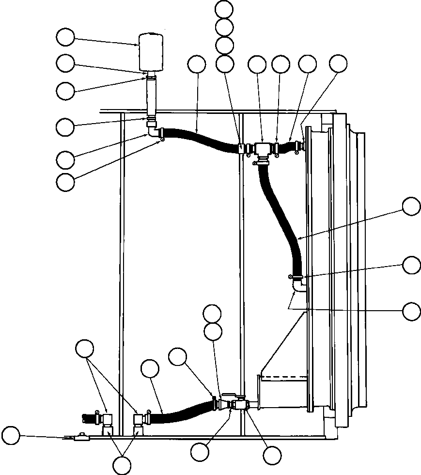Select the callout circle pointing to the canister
pos(65,37)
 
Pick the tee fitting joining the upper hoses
pos(262,149)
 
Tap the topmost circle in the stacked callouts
pos(224,9)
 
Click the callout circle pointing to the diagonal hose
pos(412,206)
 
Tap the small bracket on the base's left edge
pos(81,438)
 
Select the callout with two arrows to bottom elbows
pos(85,348)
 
